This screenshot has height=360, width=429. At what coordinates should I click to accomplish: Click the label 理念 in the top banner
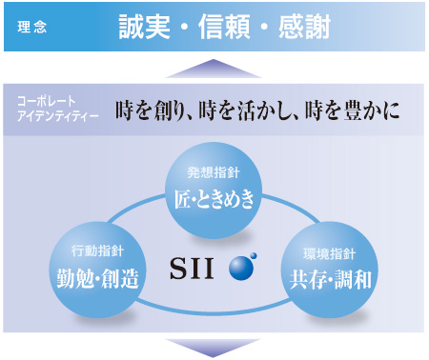tap(31, 27)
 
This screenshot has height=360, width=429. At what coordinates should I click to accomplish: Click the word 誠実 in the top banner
tap(144, 26)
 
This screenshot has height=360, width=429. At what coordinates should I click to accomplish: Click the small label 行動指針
tap(97, 252)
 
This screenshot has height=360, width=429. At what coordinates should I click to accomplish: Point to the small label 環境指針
tap(329, 252)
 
